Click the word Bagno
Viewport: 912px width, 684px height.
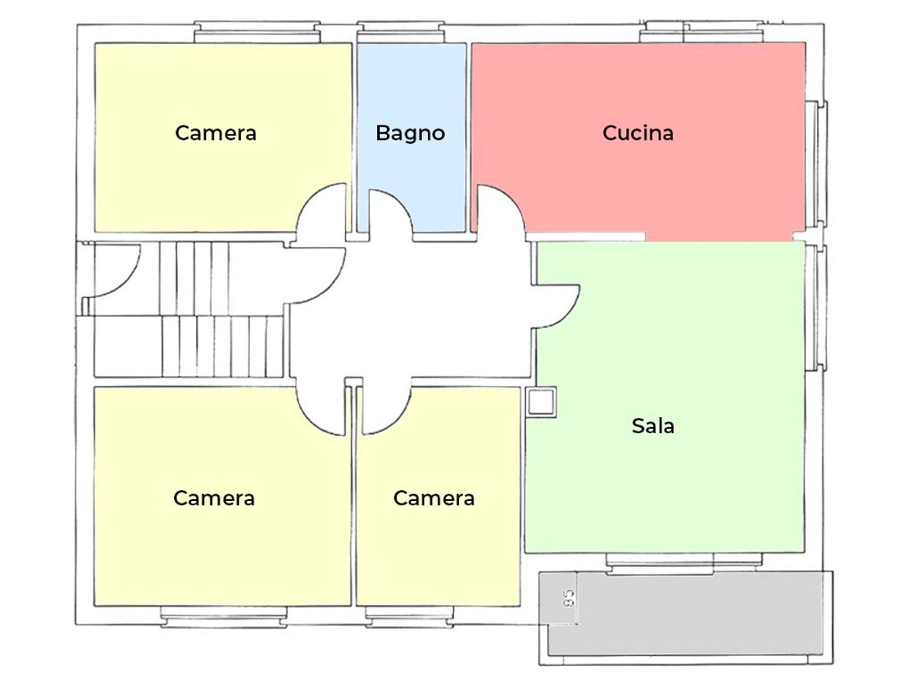click(410, 133)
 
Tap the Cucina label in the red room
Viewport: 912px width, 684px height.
click(638, 133)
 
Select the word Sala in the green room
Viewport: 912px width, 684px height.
click(653, 426)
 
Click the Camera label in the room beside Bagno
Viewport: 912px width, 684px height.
click(216, 133)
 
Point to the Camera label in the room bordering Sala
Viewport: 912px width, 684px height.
click(434, 498)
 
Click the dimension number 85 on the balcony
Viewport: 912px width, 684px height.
click(568, 598)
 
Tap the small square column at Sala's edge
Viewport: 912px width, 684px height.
click(542, 401)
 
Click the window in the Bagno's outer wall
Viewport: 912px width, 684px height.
click(401, 32)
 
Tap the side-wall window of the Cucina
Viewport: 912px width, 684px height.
click(816, 163)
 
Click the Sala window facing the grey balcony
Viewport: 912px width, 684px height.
click(684, 564)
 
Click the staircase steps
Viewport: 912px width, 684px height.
click(222, 310)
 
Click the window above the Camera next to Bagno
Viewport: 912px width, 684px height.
click(258, 32)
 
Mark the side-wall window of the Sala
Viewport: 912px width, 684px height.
click(816, 307)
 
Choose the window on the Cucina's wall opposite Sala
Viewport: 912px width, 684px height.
click(702, 32)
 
